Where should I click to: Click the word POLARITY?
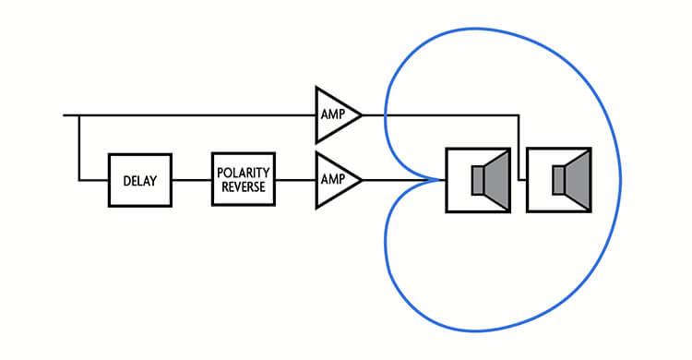click(x=244, y=173)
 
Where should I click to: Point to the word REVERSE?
click(x=244, y=186)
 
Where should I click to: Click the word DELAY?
click(x=140, y=181)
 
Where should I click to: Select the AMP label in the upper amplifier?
click(x=333, y=114)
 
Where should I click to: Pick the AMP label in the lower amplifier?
click(x=333, y=179)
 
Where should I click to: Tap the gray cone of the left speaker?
click(x=497, y=180)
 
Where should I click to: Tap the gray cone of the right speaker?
click(x=578, y=180)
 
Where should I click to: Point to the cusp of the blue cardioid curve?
click(x=441, y=180)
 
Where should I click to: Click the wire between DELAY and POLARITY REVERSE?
click(x=192, y=180)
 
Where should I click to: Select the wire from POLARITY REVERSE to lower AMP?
click(x=295, y=180)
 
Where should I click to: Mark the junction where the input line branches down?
click(x=79, y=115)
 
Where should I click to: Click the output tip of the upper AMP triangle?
click(x=362, y=115)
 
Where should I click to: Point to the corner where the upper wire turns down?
click(x=519, y=115)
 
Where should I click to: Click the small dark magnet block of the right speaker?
click(x=559, y=180)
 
